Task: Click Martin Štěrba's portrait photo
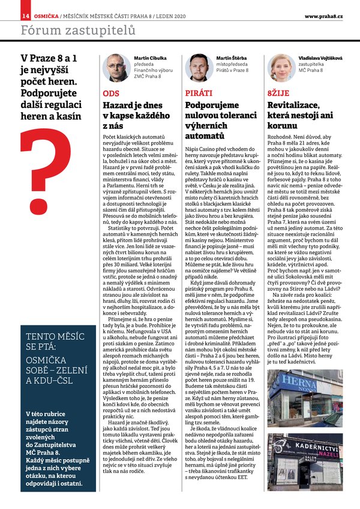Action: [x=199, y=67]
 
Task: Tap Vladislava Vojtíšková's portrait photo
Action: [x=281, y=67]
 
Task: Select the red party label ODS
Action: [x=110, y=94]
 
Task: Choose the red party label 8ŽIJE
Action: [x=278, y=94]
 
